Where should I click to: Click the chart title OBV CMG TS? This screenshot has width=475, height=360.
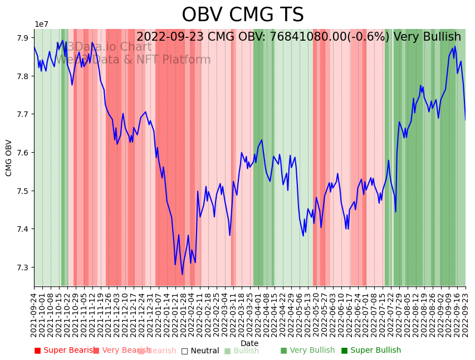click(243, 15)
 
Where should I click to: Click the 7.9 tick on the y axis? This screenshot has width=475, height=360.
click(23, 38)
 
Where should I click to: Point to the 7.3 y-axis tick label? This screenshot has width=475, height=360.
click(23, 267)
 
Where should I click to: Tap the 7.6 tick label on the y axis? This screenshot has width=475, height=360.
click(23, 153)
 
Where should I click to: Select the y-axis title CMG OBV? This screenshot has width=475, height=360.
click(9, 158)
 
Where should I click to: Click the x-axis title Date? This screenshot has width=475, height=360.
click(249, 343)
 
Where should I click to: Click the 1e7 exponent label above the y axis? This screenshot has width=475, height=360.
click(41, 24)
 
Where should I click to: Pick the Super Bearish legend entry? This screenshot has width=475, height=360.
click(65, 351)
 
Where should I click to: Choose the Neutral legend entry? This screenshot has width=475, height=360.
click(200, 351)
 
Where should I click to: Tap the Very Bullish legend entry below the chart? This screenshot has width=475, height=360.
click(307, 351)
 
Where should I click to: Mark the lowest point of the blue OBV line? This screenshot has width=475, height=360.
click(182, 274)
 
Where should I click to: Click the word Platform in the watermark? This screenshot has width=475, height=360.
click(187, 60)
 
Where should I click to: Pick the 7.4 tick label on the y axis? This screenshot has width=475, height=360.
click(23, 229)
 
